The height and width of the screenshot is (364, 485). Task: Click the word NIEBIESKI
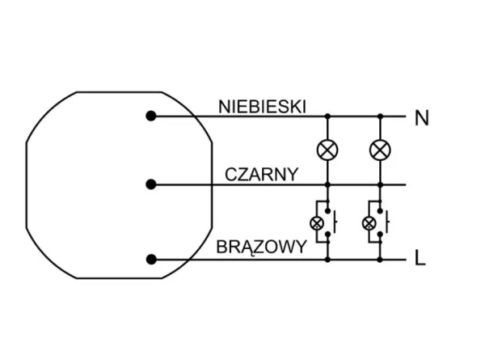[x=262, y=106]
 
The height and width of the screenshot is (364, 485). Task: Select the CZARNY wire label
[x=262, y=174]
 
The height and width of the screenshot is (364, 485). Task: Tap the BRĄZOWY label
[x=261, y=248]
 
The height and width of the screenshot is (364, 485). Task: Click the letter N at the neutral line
[x=421, y=118]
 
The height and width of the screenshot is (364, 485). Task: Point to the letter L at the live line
[x=420, y=260]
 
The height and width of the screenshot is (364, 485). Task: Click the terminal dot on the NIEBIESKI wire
[x=151, y=116]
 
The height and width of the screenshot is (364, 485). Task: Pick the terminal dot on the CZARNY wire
[x=151, y=184]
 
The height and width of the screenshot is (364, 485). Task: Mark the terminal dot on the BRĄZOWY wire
[x=151, y=260]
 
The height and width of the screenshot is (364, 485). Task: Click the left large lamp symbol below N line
[x=327, y=150]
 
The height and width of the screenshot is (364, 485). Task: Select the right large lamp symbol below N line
[x=379, y=150]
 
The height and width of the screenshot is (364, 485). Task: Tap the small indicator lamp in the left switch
[x=317, y=222]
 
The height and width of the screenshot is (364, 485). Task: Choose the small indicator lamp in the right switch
[x=369, y=222]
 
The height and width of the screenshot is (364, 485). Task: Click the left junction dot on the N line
[x=327, y=116]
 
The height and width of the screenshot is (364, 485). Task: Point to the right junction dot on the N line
[x=379, y=116]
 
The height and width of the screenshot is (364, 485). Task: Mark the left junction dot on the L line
[x=327, y=260]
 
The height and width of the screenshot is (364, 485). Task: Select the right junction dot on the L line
[x=379, y=260]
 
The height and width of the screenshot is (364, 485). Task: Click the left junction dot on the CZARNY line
[x=327, y=184]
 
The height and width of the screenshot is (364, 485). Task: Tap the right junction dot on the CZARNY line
[x=379, y=184]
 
